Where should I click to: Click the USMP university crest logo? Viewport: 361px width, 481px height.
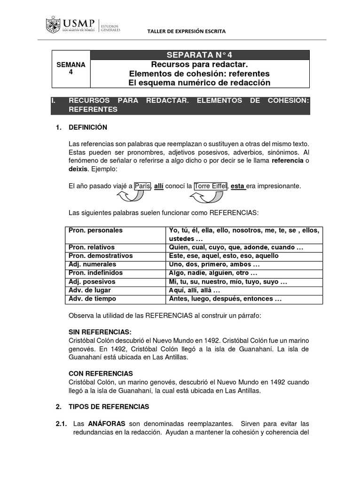pos(53,25)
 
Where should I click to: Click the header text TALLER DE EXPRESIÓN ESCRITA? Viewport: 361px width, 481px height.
pos(187,31)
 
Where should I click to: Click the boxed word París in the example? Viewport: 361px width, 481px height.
pos(142,186)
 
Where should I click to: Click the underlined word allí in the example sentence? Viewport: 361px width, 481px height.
pos(158,186)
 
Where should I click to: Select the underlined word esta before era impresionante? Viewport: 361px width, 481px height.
pos(237,186)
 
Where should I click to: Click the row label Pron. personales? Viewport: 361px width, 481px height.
pos(95,230)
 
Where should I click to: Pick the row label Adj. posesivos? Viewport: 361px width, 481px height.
pos(93,281)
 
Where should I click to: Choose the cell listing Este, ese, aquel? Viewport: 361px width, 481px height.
pos(224,256)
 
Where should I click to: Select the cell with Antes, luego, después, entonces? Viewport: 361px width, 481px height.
pos(225,299)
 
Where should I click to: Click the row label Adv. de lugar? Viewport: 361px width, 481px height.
pos(90,290)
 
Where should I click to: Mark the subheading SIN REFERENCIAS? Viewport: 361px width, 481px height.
pos(100,332)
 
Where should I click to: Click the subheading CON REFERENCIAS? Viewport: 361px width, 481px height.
pos(101,373)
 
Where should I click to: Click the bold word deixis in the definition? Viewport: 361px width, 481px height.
pos(78,169)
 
